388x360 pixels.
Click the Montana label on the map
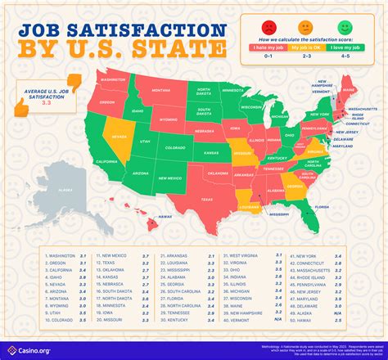coord(160,91)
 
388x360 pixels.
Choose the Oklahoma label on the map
coord(219,173)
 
